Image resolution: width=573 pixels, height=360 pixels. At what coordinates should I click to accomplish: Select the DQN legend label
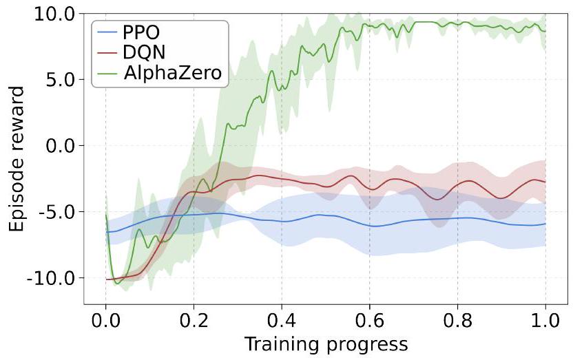coord(145,53)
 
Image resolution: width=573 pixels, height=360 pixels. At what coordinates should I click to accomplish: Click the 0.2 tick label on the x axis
coord(194,321)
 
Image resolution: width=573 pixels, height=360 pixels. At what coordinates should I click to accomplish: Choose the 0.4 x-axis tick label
coord(282,321)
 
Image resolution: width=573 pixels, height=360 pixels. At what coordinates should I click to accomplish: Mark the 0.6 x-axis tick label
coord(370,321)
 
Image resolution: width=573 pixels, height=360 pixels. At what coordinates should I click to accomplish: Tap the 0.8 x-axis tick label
coord(457,321)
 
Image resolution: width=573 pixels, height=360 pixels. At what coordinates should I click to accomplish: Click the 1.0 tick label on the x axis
coord(545,321)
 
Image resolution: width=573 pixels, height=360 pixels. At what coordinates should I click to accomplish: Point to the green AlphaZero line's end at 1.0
coord(545,30)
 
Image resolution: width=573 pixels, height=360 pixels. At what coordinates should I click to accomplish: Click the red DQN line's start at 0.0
coord(106,279)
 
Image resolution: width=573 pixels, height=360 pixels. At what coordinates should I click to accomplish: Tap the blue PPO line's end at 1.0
coord(545,224)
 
